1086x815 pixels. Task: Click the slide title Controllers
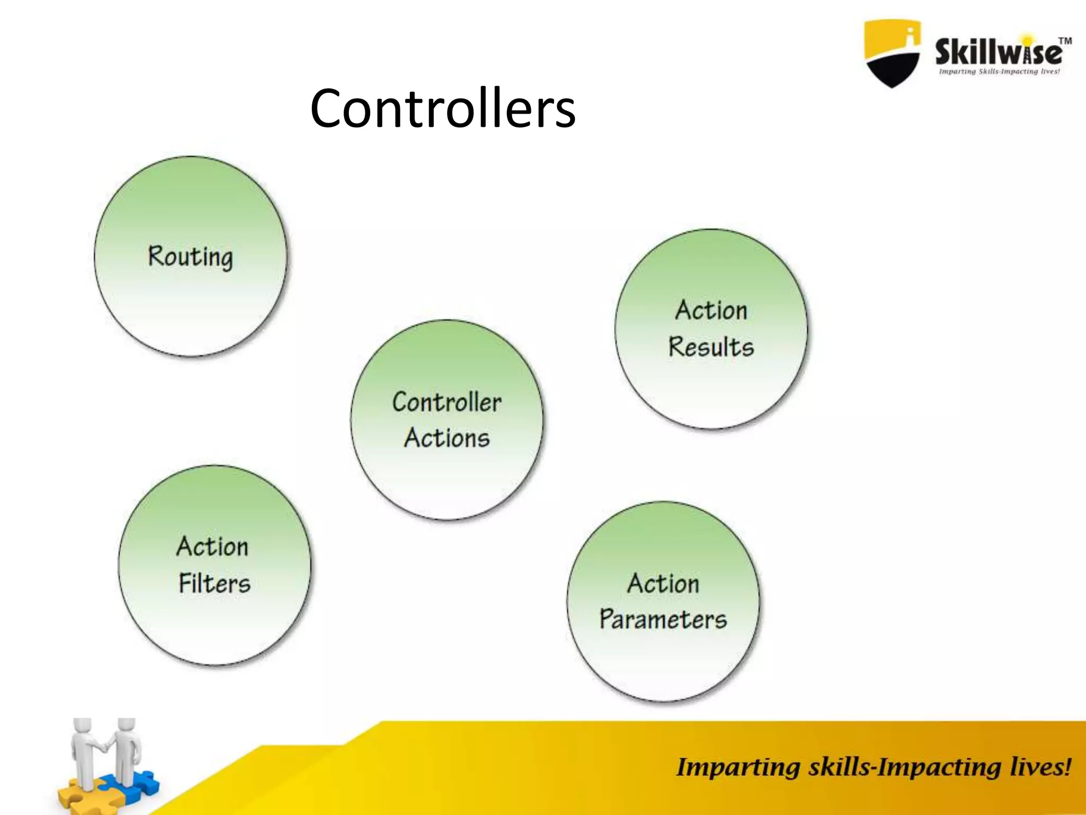coord(443,109)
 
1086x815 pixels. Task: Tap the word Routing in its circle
coord(190,257)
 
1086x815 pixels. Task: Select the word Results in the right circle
coord(711,347)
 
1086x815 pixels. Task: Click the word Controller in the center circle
coord(446,402)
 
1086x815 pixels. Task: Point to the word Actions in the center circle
coord(446,438)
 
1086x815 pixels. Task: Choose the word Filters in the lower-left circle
coord(214,583)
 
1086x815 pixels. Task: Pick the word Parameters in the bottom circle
coord(663,619)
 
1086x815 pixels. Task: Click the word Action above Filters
coord(212,547)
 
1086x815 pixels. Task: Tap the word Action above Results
coord(711,310)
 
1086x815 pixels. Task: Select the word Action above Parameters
coord(663,584)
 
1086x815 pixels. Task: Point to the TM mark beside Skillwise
coord(1065,41)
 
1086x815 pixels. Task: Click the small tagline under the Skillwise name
coord(999,72)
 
